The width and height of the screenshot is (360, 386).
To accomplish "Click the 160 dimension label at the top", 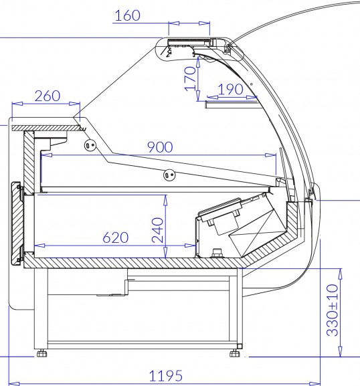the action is click(128, 15).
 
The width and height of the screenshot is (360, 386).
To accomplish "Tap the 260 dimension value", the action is click(48, 96).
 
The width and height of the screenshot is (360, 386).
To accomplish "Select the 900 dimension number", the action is click(160, 147).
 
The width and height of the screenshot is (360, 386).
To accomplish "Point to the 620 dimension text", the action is click(116, 237).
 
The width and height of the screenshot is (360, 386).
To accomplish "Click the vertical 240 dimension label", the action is click(158, 230).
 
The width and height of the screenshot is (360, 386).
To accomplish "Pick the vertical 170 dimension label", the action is click(190, 79).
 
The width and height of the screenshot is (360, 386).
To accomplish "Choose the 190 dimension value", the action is click(230, 90).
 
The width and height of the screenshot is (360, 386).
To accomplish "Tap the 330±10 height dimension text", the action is click(333, 310).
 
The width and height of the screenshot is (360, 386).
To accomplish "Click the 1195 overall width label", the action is click(166, 376).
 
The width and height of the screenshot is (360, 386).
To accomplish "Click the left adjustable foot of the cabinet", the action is click(41, 353).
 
